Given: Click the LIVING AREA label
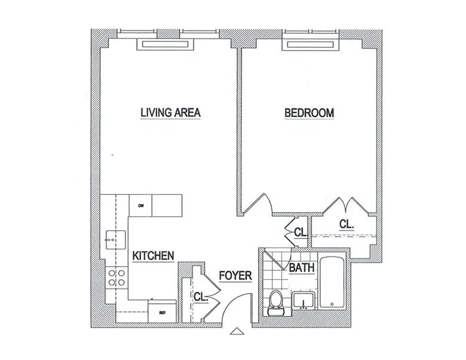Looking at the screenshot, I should pos(170,112).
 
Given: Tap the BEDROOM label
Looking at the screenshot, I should pos(309,112).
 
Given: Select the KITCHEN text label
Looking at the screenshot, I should pos(153,256).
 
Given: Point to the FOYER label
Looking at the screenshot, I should pos(235,275).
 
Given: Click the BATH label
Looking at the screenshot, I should pos(302,268).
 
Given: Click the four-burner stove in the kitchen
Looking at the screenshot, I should pos(116,278).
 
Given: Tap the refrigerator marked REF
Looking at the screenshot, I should pos(162,312).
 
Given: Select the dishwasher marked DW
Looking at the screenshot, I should pos(140,206).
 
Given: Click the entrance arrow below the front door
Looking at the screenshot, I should pos(236,332).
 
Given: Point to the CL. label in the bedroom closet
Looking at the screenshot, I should pos(346,224).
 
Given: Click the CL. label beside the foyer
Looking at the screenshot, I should pos(201,297).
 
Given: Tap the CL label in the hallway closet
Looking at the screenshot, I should pos(300,232).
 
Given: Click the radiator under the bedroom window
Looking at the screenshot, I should pos(311,45).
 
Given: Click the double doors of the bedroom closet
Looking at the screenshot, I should pos(346,205).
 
